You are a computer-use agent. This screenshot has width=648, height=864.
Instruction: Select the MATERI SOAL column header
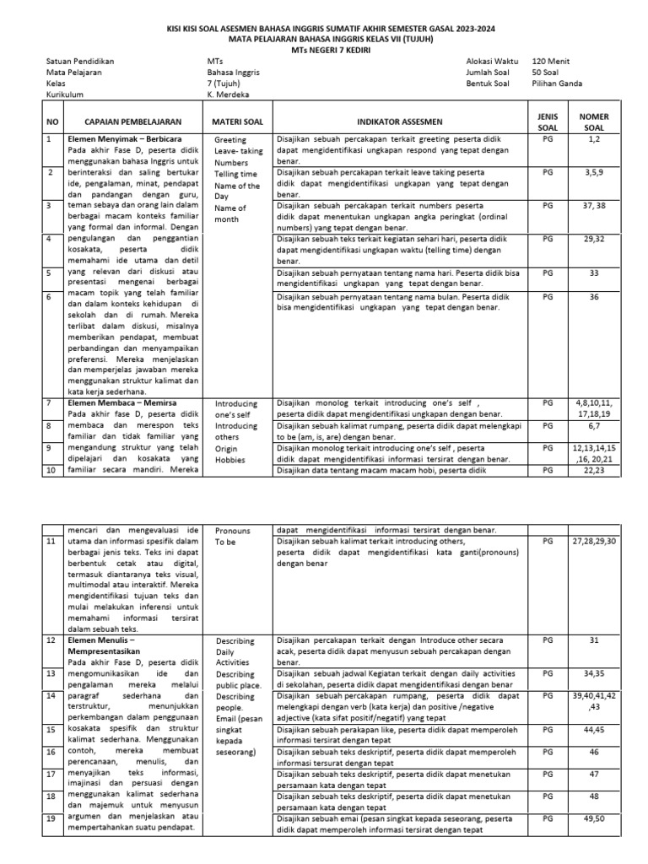pyautogui.click(x=239, y=121)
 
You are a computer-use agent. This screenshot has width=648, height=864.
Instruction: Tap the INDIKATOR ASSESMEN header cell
pyautogui.click(x=399, y=121)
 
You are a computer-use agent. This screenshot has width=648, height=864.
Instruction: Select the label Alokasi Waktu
pyautogui.click(x=493, y=62)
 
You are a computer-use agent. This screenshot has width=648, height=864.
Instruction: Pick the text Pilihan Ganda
pyautogui.click(x=558, y=84)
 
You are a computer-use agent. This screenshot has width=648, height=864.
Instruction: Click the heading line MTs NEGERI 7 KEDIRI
pyautogui.click(x=324, y=49)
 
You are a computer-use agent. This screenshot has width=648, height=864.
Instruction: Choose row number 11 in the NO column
pyautogui.click(x=51, y=541)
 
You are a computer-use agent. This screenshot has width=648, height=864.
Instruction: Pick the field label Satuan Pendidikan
pyautogui.click(x=80, y=62)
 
